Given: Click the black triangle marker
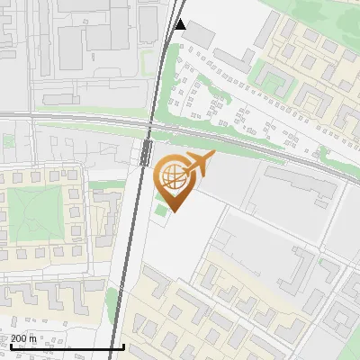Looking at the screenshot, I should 181,24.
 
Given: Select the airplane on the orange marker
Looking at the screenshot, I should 198,165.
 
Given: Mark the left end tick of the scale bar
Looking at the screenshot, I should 10,345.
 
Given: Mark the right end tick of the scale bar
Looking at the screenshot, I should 123,345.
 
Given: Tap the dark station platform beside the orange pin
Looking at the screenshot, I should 145,152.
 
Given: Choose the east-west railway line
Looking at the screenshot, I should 72,116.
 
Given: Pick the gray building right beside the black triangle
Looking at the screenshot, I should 200,35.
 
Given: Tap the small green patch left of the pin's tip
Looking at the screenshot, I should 160,211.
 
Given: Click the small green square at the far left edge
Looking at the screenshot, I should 6,141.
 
